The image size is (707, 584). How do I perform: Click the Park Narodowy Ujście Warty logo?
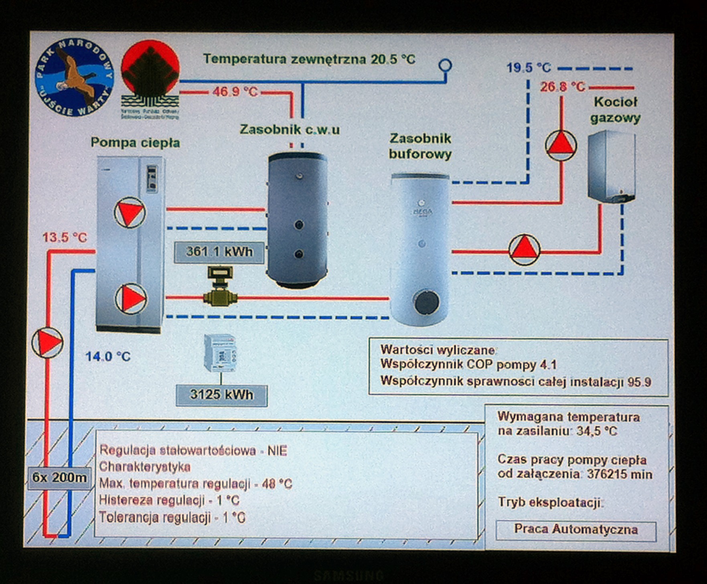[74, 77]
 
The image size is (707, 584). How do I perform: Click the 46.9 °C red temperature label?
[235, 92]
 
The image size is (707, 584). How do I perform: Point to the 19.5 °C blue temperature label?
[528, 68]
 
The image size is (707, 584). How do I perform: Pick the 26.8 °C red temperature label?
[562, 87]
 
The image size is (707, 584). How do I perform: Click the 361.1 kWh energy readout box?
[219, 252]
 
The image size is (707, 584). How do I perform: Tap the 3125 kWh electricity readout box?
[221, 395]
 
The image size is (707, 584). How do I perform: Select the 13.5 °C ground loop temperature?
[65, 238]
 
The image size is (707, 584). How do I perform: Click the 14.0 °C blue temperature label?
[108, 356]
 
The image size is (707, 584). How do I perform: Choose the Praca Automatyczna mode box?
[576, 530]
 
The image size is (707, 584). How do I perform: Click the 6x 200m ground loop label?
[59, 478]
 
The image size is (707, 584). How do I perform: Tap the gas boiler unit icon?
[612, 167]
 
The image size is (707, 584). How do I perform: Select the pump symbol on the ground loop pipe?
[47, 342]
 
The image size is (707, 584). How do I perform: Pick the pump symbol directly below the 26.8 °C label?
[561, 145]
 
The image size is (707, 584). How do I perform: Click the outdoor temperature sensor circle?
[445, 65]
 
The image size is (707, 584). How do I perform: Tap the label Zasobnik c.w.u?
[290, 130]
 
